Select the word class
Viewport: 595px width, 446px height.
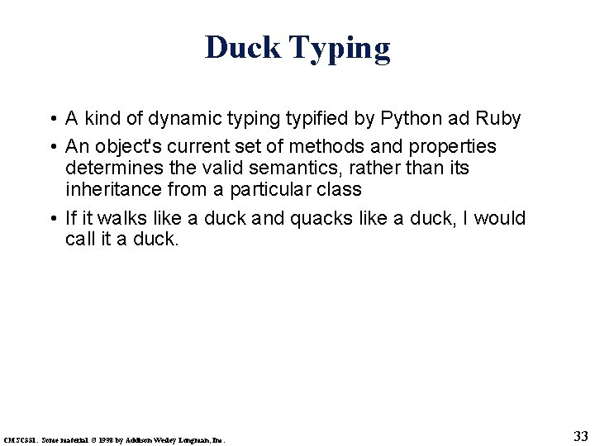pos(340,190)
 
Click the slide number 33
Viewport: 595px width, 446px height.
pos(580,437)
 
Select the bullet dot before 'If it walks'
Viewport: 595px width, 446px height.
pos(52,219)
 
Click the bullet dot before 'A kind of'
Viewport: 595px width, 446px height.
pos(52,120)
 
